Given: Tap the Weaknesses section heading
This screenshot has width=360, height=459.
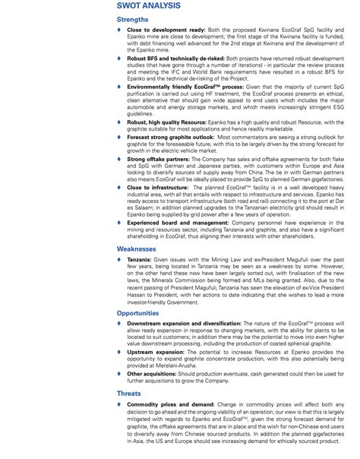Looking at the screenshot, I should [137, 248].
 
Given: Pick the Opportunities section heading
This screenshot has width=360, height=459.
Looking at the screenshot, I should [138, 313].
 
